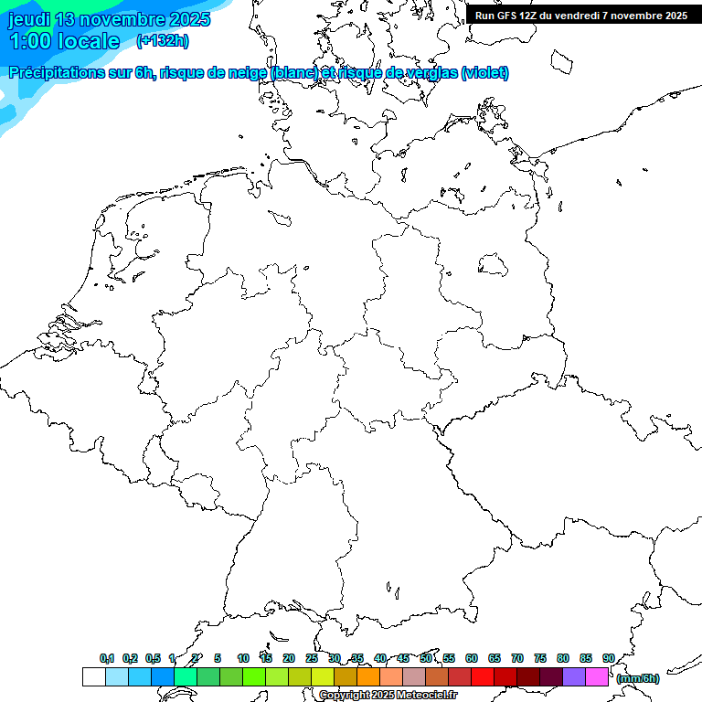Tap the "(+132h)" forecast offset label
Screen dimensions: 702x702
163,40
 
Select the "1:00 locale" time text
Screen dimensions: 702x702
64,41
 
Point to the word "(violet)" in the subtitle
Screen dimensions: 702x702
485,73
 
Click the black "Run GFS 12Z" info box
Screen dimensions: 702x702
581,15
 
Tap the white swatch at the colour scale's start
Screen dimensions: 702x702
93,676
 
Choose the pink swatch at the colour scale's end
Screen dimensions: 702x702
597,676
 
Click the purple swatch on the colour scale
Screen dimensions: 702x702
574,676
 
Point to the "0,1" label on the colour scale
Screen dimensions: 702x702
107,658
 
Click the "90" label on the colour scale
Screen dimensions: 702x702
609,658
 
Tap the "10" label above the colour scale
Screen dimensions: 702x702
243,658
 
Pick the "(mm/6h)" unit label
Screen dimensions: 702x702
638,678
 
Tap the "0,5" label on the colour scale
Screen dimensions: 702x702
153,658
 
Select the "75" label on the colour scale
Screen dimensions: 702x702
540,658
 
